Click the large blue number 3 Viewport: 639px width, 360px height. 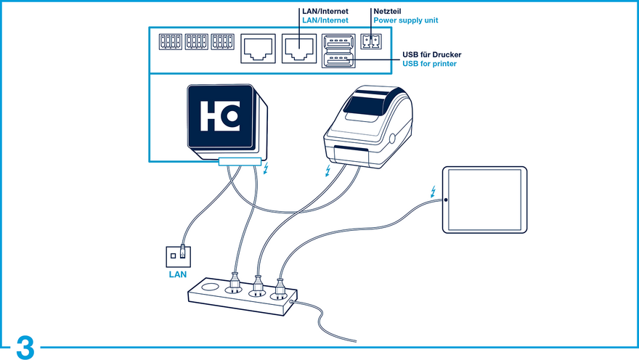pyautogui.click(x=25, y=348)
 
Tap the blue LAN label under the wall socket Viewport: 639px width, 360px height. pyautogui.click(x=178, y=274)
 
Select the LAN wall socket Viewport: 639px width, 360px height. pyautogui.click(x=178, y=256)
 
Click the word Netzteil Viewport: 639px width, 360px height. pyautogui.click(x=387, y=12)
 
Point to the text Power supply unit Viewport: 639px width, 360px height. pyautogui.click(x=406, y=20)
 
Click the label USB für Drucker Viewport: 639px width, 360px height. pyautogui.click(x=432, y=54)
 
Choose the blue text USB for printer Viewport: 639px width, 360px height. pyautogui.click(x=430, y=64)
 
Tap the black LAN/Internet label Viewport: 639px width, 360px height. pyautogui.click(x=325, y=12)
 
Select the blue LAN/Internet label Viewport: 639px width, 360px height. pyautogui.click(x=325, y=20)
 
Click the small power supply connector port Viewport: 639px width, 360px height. pyautogui.click(x=371, y=41)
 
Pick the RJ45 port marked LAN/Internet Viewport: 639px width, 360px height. pyautogui.click(x=299, y=49)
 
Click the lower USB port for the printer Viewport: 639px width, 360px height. pyautogui.click(x=338, y=60)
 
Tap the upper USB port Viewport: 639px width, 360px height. pyautogui.click(x=338, y=41)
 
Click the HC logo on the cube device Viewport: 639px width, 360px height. pyautogui.click(x=220, y=116)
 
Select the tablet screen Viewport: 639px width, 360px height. pyautogui.click(x=484, y=200)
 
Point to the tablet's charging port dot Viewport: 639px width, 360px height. pyautogui.click(x=446, y=200)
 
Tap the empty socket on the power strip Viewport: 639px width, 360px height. pyautogui.click(x=211, y=287)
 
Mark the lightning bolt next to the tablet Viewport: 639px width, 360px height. pyautogui.click(x=434, y=192)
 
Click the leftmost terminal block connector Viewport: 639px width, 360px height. pyautogui.click(x=171, y=41)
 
